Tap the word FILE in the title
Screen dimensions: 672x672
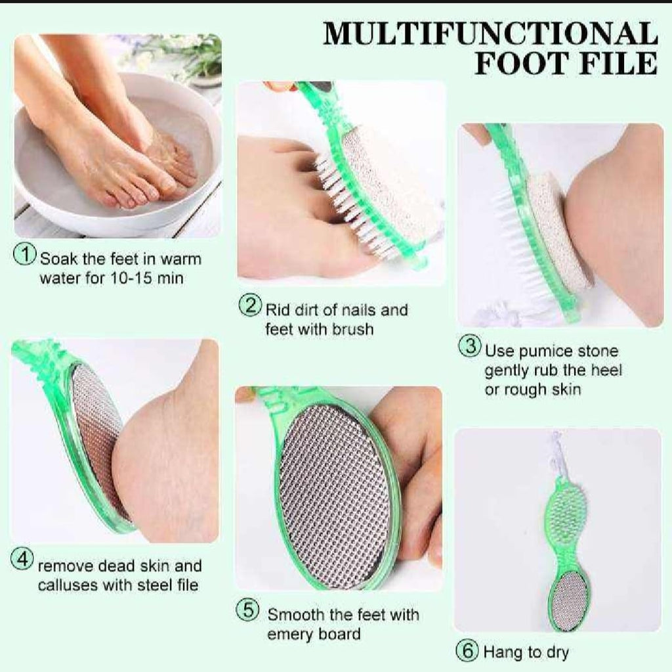pyautogui.click(x=617, y=63)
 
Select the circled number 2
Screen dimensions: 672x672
pyautogui.click(x=250, y=306)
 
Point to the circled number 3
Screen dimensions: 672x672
pyautogui.click(x=469, y=347)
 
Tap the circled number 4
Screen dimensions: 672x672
pyautogui.click(x=22, y=560)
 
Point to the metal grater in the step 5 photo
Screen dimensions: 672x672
pyautogui.click(x=335, y=493)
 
